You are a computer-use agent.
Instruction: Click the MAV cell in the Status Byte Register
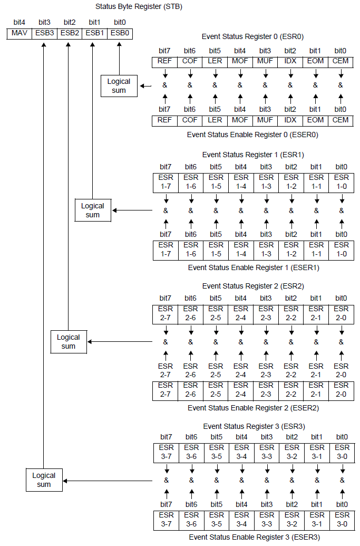click(x=19, y=33)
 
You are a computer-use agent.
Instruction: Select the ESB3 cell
click(x=44, y=33)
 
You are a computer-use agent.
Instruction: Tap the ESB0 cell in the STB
click(x=120, y=33)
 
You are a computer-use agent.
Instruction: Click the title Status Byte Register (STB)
click(x=139, y=7)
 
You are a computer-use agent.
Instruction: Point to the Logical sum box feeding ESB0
click(x=119, y=85)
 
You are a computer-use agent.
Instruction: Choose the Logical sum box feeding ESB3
click(x=44, y=480)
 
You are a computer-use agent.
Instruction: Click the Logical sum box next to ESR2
click(x=69, y=341)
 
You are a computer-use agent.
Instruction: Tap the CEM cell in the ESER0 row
click(x=340, y=120)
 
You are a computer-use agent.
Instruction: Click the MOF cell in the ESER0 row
click(x=240, y=120)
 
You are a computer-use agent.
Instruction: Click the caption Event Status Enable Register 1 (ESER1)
click(x=254, y=267)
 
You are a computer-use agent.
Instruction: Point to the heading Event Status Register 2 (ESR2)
click(x=253, y=286)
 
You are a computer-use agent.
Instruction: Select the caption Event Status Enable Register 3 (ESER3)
click(x=254, y=538)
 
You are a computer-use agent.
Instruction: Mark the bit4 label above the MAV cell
click(x=19, y=22)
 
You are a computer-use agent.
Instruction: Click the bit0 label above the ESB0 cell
click(x=120, y=22)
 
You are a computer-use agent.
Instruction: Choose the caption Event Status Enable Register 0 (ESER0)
click(x=252, y=135)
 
